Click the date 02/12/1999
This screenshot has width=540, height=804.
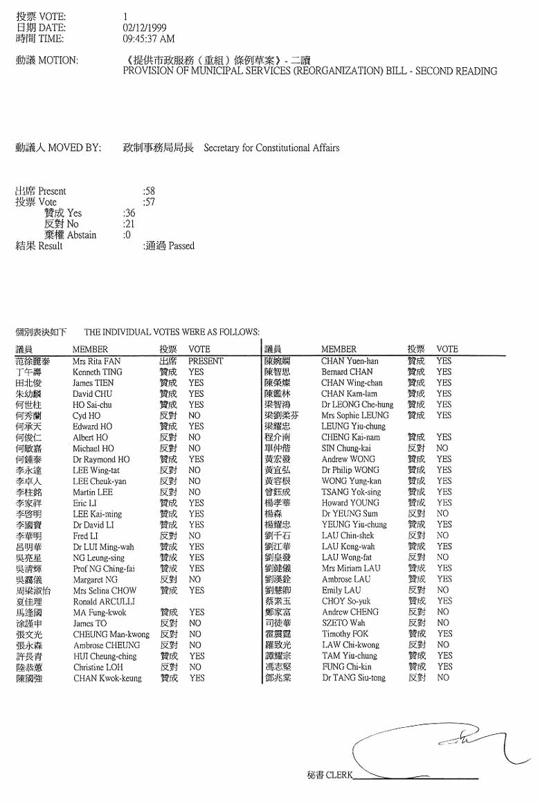click(x=144, y=28)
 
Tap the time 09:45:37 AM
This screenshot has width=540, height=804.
click(x=148, y=39)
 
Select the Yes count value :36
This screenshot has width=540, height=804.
click(x=129, y=213)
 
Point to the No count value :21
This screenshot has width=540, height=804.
click(x=129, y=224)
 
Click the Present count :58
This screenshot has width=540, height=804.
click(x=149, y=191)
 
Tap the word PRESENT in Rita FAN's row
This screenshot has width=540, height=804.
click(x=206, y=361)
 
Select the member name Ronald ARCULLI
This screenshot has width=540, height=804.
click(x=104, y=602)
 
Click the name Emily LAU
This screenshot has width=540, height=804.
click(x=341, y=591)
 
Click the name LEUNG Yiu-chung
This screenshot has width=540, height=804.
click(x=353, y=427)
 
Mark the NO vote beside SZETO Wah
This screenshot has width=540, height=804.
click(x=443, y=623)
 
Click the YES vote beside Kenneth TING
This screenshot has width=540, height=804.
click(x=196, y=372)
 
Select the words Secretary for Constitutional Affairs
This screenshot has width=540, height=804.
click(x=271, y=148)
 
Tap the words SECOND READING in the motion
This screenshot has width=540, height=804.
click(x=456, y=71)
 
